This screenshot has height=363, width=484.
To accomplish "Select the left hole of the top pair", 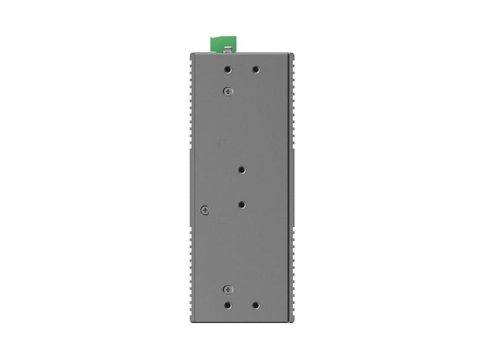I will click(x=228, y=70).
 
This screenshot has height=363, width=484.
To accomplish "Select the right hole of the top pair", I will click(x=255, y=70).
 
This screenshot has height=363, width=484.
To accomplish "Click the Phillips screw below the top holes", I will click(x=228, y=91).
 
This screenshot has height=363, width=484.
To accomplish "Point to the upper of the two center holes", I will click(x=241, y=170).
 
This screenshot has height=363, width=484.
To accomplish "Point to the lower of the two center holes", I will click(x=241, y=204).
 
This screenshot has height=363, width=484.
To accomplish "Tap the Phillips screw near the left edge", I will click(x=205, y=210).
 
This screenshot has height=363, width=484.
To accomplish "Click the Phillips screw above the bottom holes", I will click(x=228, y=289).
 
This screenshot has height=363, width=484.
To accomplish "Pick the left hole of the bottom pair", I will click(x=228, y=305).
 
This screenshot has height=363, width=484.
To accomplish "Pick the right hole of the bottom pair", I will click(x=255, y=305).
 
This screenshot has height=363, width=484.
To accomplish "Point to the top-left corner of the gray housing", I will click(x=190, y=54).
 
